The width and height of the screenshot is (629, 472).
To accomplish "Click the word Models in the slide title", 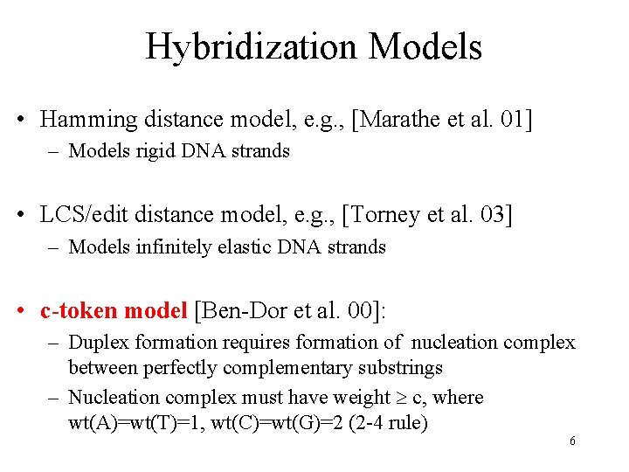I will point(426,45).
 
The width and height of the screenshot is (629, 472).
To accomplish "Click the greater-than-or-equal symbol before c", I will point(403,399).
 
